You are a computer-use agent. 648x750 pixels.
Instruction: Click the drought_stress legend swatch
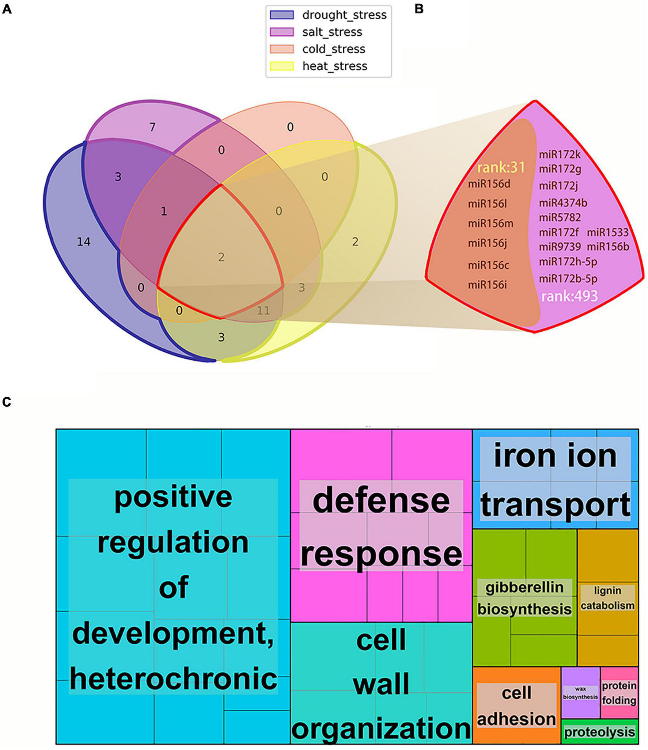(282, 15)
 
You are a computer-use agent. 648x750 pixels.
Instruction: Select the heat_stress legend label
(335, 66)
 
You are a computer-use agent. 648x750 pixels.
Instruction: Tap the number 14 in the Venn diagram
(84, 242)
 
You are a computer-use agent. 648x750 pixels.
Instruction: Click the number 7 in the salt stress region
(152, 127)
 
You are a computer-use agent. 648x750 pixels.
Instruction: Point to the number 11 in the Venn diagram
(264, 310)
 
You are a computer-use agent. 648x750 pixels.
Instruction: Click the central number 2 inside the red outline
(221, 257)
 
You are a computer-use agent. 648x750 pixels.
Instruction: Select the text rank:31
(501, 168)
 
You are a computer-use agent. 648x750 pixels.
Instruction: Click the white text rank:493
(569, 296)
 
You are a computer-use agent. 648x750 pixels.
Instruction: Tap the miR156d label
(489, 184)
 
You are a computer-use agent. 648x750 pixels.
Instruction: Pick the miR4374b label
(563, 203)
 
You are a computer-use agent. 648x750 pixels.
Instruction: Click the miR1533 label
(608, 232)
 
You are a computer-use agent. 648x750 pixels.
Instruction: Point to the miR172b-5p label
(568, 279)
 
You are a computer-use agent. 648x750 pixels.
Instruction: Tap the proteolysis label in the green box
(599, 732)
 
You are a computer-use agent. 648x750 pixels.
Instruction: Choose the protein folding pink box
(619, 693)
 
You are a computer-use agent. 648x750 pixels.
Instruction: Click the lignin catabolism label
(608, 598)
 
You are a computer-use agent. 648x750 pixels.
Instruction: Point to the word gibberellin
(524, 588)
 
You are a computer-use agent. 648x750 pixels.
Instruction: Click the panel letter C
(7, 402)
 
